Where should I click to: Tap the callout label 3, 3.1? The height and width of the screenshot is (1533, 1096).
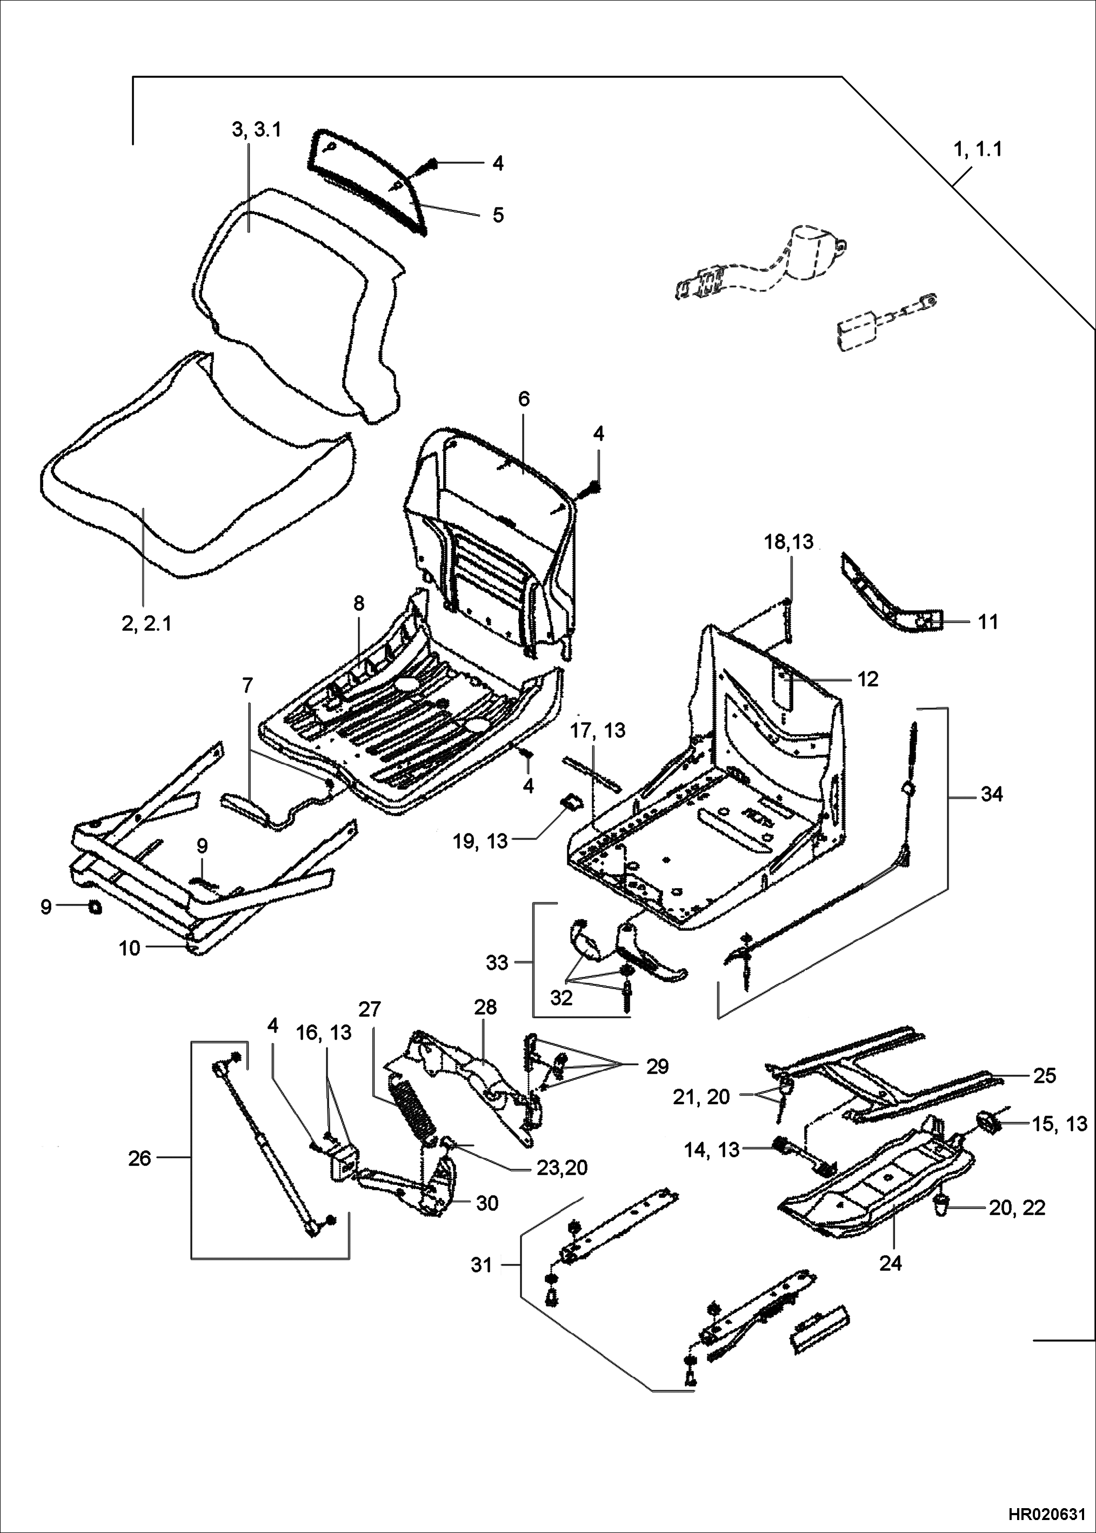[x=257, y=130]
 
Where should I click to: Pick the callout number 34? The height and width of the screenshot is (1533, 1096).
[x=991, y=795]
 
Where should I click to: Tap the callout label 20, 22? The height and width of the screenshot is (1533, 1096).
[x=1017, y=1207]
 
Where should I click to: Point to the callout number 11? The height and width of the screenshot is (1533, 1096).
[x=988, y=622]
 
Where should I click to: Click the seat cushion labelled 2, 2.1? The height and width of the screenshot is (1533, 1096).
[x=196, y=486]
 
